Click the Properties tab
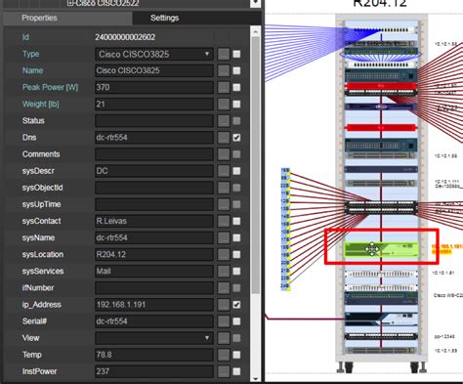pos(39,18)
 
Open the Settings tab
pos(164,18)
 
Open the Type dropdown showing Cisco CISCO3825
pos(154,54)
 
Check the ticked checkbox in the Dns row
pos(237,138)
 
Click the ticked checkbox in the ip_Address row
pos(237,306)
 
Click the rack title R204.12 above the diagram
pos(366,4)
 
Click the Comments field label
pos(42,154)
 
